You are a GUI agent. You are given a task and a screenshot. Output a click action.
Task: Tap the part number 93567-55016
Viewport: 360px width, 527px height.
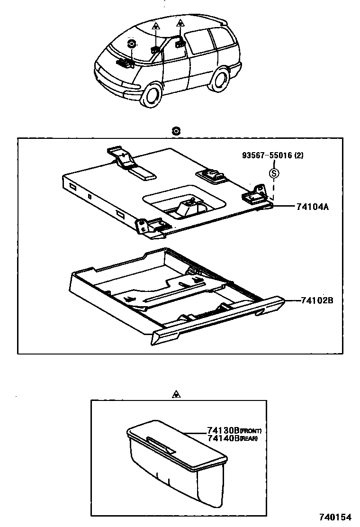tap(262, 155)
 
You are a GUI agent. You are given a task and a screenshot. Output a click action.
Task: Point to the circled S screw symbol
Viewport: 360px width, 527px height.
tap(274, 173)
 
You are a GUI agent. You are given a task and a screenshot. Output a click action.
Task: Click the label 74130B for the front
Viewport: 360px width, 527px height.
tap(223, 431)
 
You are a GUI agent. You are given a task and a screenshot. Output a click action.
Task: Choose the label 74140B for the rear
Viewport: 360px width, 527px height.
tap(223, 438)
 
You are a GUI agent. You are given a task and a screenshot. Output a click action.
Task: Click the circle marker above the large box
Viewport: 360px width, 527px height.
tap(176, 131)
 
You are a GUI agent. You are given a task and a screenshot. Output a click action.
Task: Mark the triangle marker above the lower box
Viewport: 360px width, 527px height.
tap(177, 393)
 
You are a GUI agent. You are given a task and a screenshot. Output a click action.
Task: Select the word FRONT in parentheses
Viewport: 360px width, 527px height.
tap(251, 431)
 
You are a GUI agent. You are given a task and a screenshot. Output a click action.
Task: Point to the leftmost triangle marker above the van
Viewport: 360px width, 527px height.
tap(156, 27)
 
